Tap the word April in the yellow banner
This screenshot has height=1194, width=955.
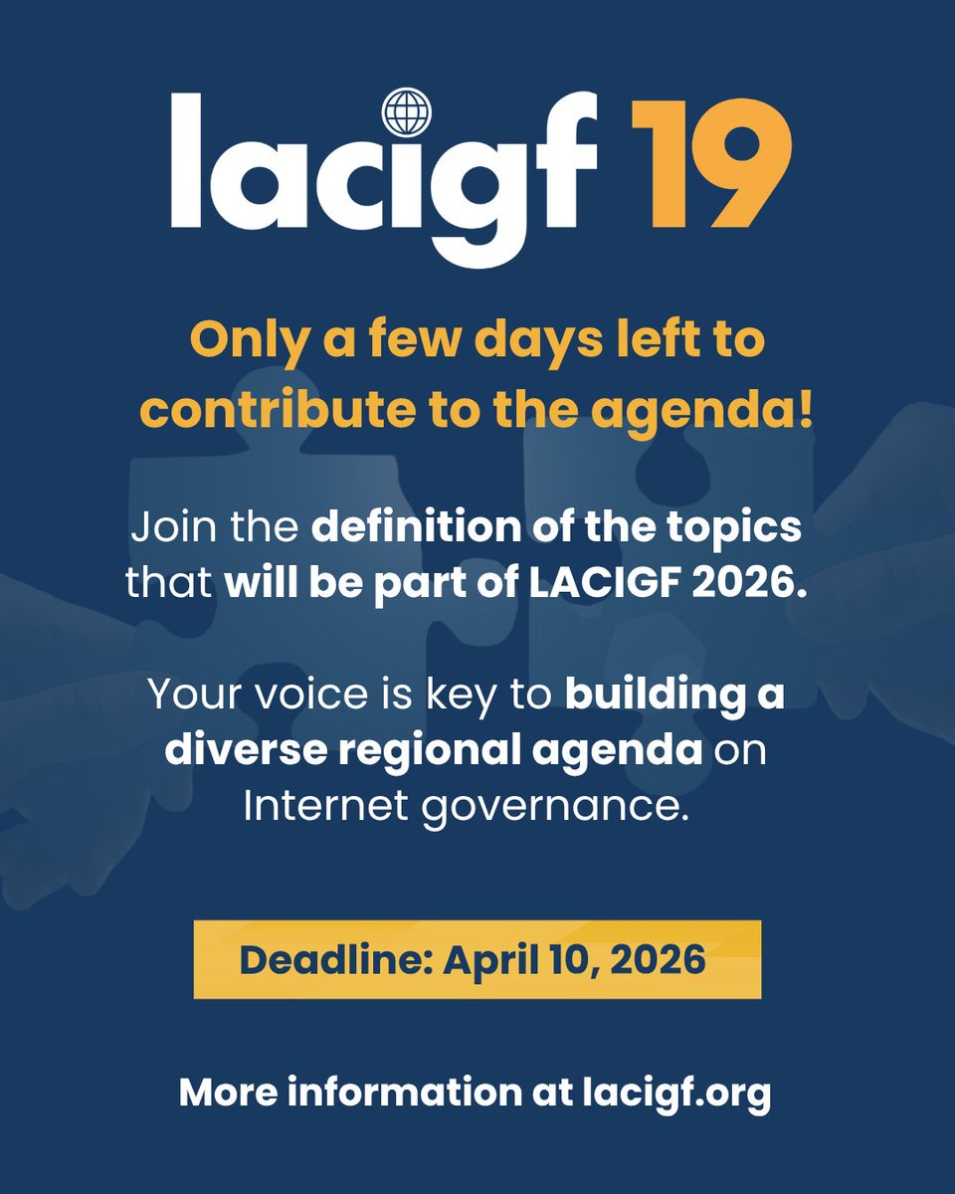tap(484, 959)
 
